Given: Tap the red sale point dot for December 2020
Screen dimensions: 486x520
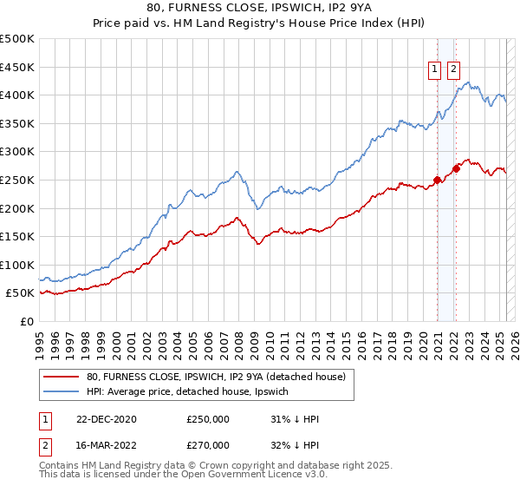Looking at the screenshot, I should coord(437,181).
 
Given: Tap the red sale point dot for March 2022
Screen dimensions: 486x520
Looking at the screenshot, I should coord(456,168).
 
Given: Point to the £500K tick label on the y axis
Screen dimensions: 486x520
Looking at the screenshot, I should coord(17,39).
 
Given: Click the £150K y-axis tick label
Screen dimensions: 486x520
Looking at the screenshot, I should coord(17,236).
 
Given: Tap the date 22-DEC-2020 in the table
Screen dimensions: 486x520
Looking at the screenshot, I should coord(107,419).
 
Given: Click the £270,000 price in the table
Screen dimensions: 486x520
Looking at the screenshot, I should coord(208,444).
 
